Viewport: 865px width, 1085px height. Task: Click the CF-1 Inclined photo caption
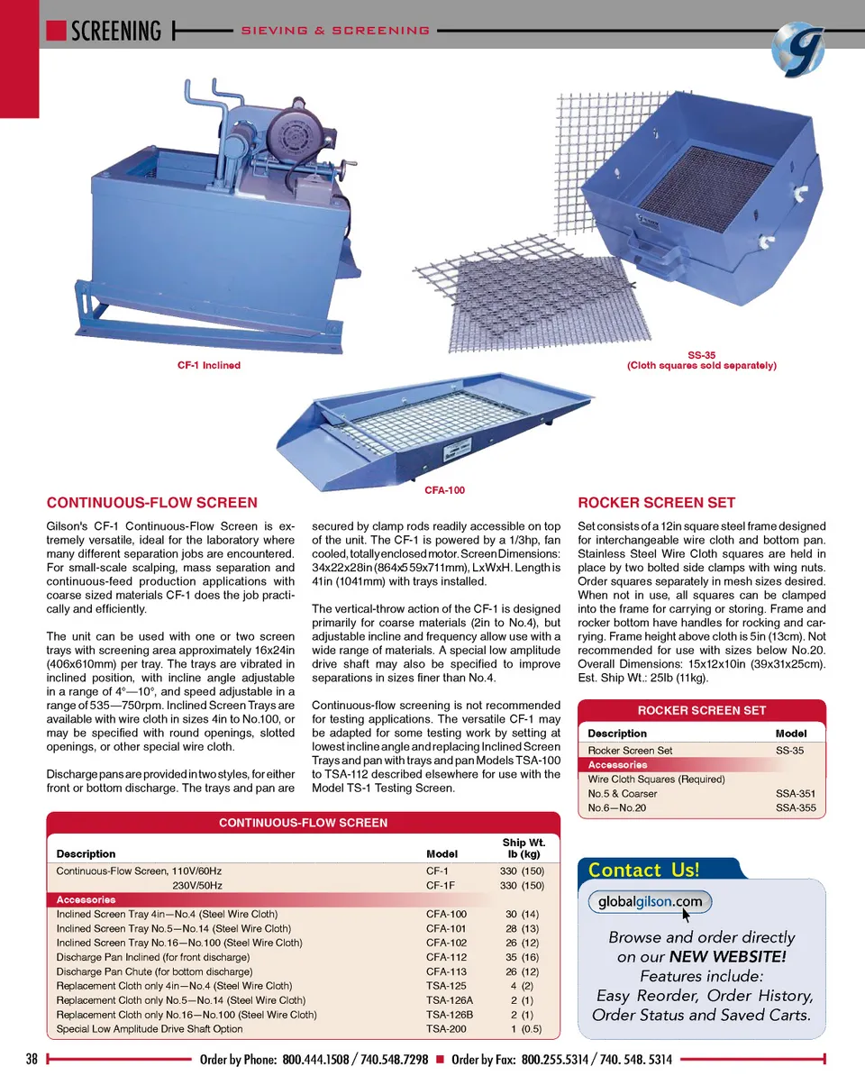(208, 365)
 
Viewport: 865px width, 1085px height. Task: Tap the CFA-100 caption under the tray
(444, 491)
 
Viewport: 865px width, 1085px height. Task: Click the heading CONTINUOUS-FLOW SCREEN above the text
(151, 503)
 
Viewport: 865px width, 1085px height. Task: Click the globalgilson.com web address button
(650, 902)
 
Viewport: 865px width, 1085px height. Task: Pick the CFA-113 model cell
(446, 971)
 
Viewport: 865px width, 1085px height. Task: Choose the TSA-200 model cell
(446, 1029)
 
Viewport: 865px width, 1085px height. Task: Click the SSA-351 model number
(795, 794)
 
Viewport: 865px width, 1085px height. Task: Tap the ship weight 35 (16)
(522, 957)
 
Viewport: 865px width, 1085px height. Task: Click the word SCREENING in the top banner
(115, 31)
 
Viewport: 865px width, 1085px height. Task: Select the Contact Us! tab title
(643, 870)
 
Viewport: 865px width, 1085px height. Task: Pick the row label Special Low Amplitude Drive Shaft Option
(149, 1029)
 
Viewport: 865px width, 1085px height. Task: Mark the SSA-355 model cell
(795, 808)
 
